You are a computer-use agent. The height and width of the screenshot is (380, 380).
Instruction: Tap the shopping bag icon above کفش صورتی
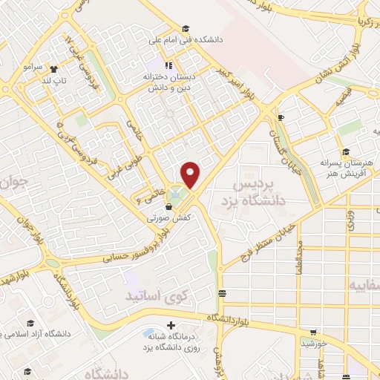[x=171, y=207]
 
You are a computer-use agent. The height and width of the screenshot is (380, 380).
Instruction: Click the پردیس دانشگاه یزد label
[x=259, y=191]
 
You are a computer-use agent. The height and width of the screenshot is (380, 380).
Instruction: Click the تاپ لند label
[x=54, y=79]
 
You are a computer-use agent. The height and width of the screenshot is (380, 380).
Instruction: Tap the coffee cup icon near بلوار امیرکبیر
[x=281, y=117]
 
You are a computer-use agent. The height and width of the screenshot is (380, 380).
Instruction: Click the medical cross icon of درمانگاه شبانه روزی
[x=171, y=325]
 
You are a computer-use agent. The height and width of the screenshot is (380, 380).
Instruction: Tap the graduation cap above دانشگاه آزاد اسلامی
[x=30, y=323]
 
